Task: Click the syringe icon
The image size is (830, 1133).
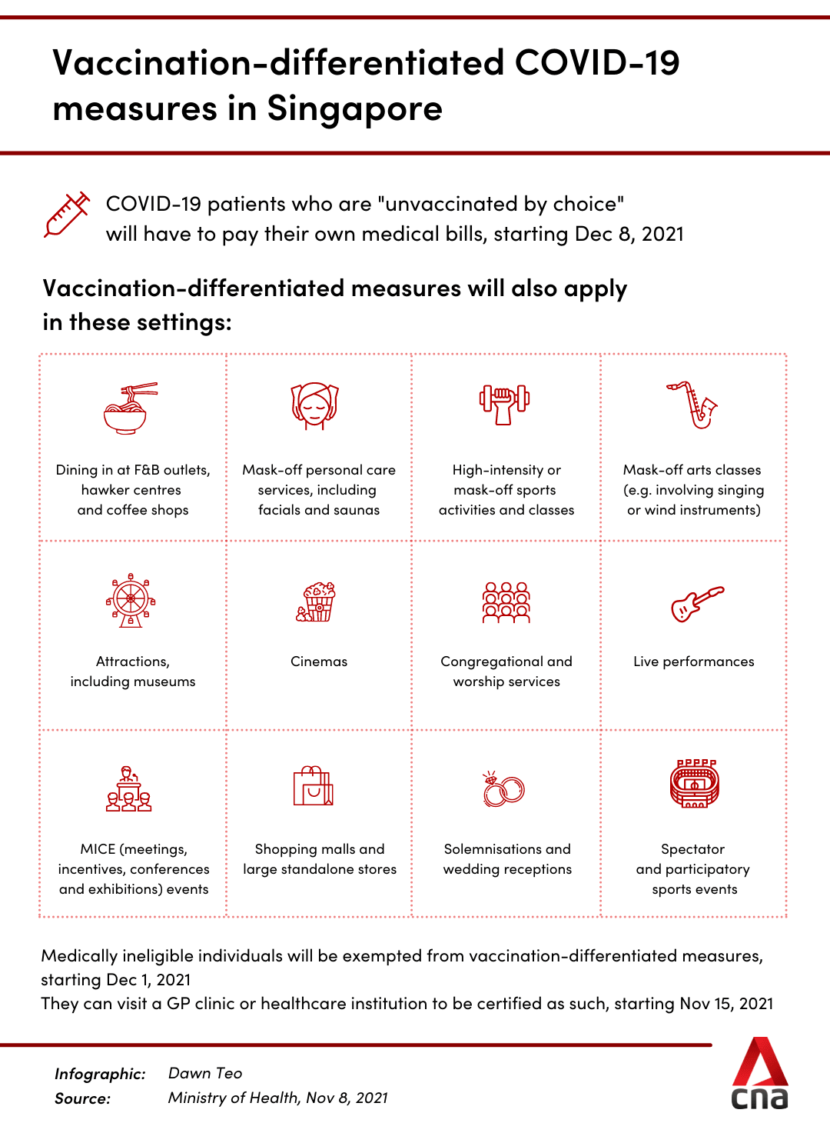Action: click(67, 215)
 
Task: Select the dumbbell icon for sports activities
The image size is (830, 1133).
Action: click(505, 404)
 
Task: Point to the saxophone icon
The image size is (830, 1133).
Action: click(693, 405)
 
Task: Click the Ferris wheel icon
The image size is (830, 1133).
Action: click(131, 600)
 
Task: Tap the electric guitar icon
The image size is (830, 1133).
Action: click(696, 603)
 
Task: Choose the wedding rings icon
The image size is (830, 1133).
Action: click(503, 789)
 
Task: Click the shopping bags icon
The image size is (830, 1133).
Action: click(314, 786)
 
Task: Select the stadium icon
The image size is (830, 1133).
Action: click(694, 784)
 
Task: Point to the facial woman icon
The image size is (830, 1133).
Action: click(315, 406)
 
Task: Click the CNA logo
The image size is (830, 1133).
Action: click(759, 1074)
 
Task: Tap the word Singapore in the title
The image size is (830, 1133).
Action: click(354, 108)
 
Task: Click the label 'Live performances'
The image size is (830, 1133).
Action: click(693, 661)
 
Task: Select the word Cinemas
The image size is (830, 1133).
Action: click(319, 661)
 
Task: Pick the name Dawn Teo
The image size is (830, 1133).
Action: click(205, 1073)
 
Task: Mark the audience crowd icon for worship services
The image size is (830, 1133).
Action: click(506, 602)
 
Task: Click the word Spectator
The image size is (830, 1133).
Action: click(692, 849)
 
